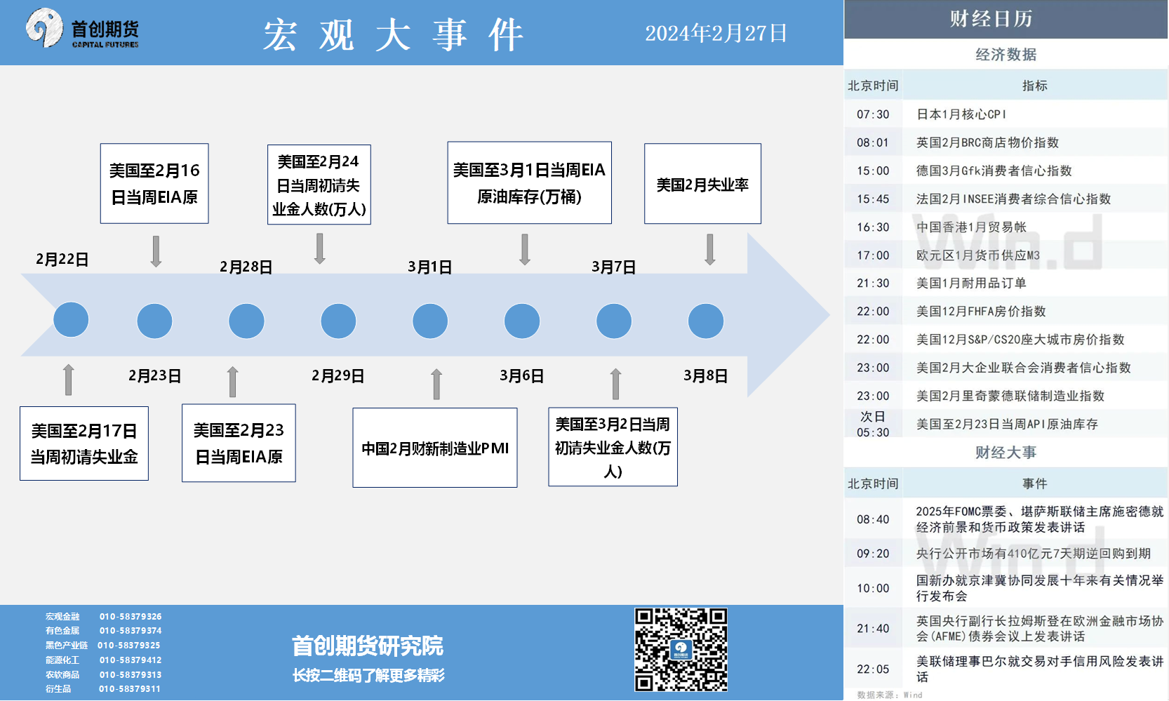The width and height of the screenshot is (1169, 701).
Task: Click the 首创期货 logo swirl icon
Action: [44, 27]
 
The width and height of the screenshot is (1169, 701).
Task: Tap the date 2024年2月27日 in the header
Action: [716, 34]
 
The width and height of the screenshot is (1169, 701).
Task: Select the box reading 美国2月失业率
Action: [702, 184]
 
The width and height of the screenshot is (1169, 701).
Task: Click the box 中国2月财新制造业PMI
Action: [435, 448]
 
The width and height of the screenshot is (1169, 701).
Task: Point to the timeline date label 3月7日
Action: [614, 267]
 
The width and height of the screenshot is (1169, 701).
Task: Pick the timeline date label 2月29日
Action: [338, 375]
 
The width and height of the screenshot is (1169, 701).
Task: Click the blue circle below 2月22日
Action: [71, 319]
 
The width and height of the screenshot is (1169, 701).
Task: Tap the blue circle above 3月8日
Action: [706, 321]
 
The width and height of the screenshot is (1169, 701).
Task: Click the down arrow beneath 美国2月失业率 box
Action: [710, 250]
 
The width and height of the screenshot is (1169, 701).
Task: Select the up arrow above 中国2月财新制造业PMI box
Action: [437, 384]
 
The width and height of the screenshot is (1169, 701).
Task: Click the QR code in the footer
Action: [681, 650]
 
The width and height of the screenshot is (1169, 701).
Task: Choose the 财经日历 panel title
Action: [991, 19]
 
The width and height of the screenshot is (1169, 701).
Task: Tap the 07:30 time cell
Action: [873, 114]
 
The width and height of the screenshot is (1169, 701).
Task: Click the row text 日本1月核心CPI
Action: [961, 114]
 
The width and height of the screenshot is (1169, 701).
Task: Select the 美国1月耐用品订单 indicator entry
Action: [971, 283]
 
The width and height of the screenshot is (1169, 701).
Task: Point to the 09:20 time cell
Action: [873, 553]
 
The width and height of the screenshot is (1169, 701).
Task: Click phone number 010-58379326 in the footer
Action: [131, 616]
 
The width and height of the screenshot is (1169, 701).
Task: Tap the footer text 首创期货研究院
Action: [368, 646]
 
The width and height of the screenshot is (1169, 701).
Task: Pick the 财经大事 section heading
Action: [1006, 452]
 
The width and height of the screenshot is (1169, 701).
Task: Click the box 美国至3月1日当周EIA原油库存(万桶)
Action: [529, 182]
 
